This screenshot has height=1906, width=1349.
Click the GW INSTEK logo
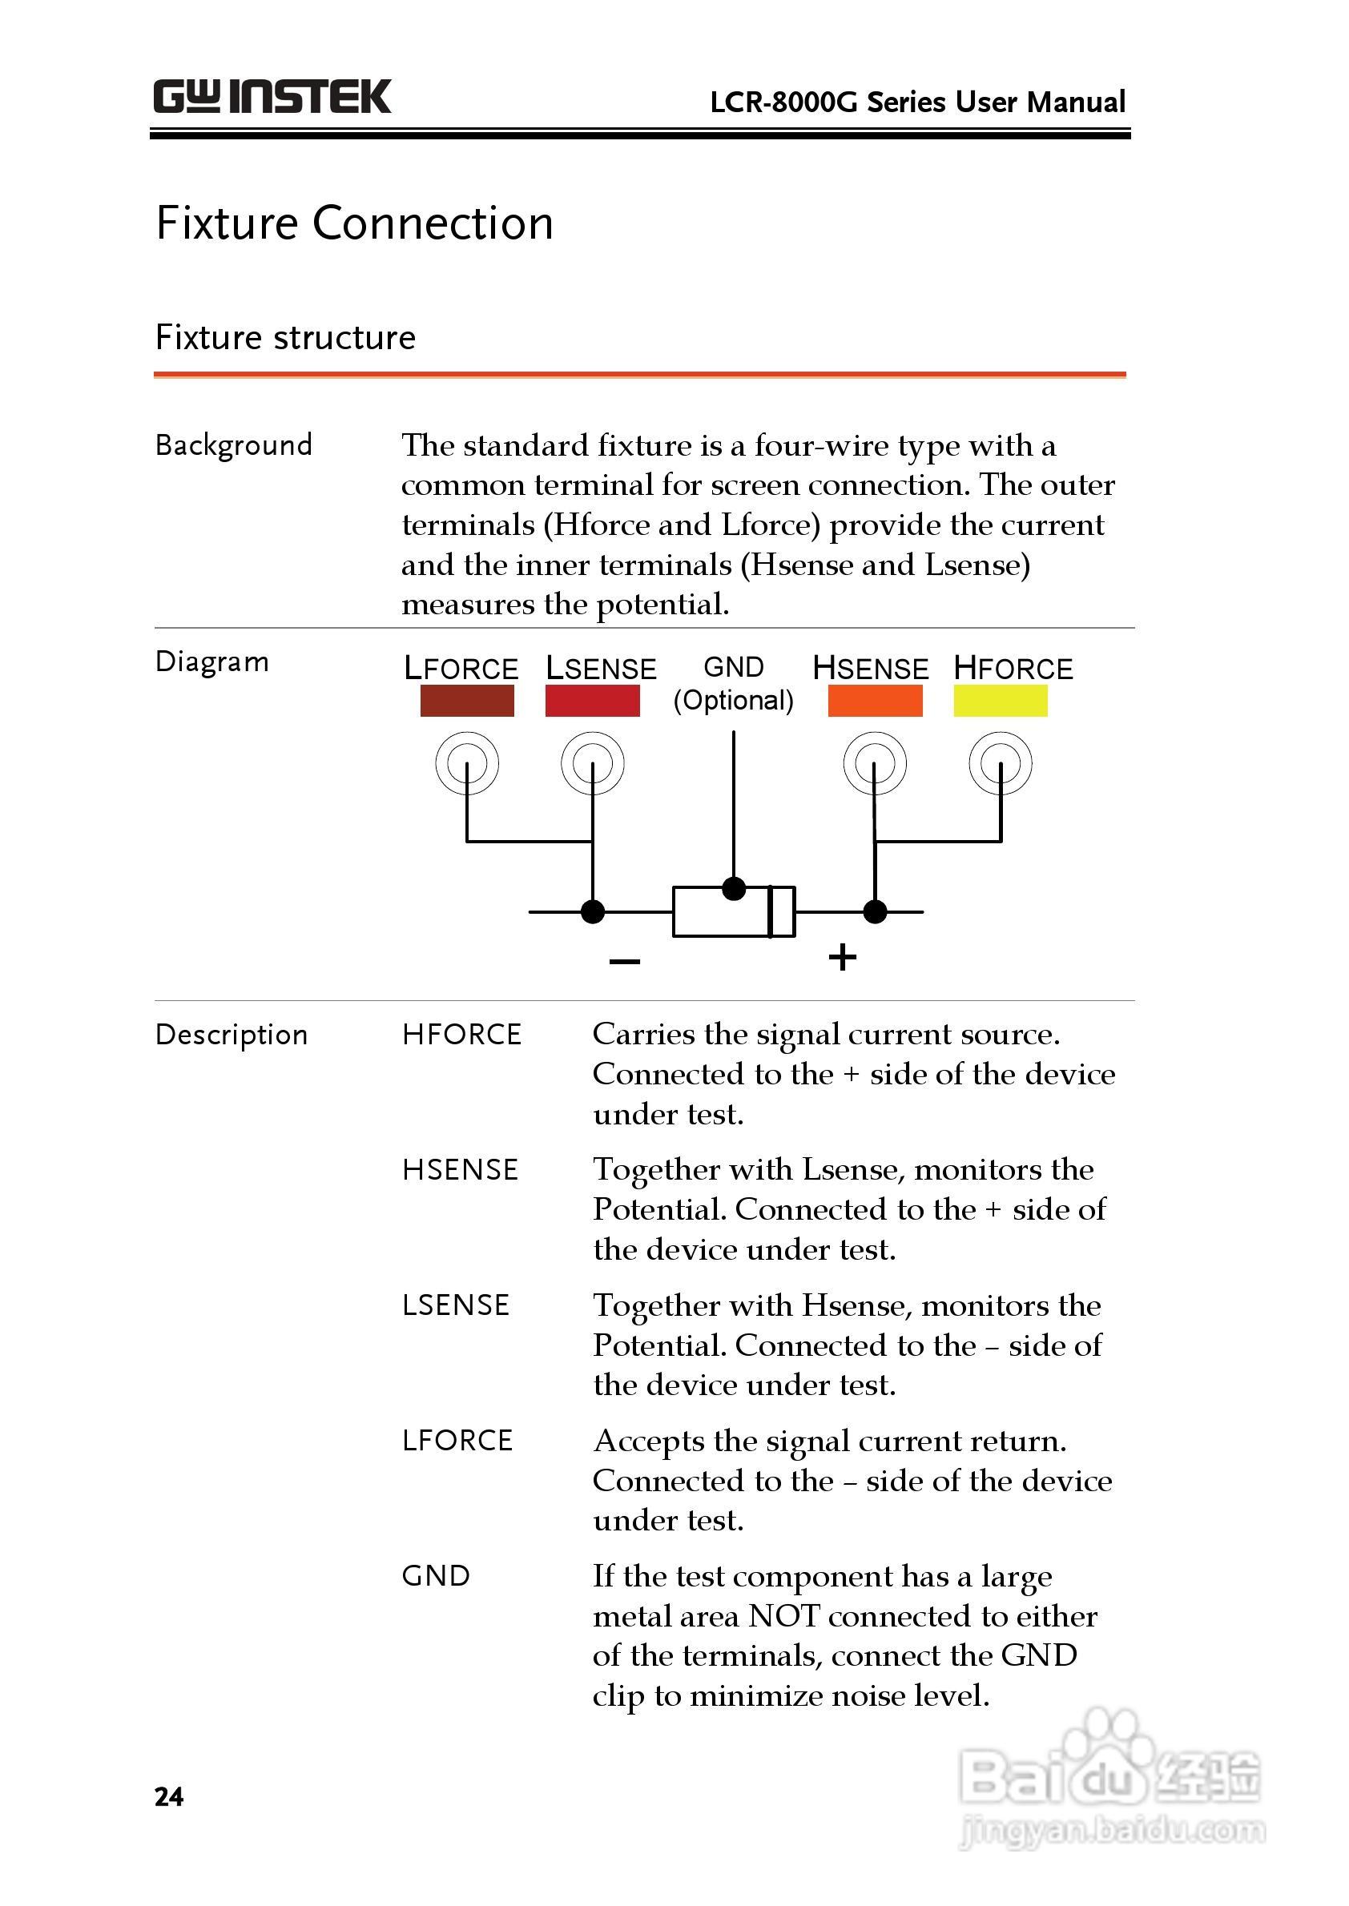pyautogui.click(x=272, y=97)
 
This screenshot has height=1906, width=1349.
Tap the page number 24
pyautogui.click(x=168, y=1795)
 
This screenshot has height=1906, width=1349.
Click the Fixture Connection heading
pyautogui.click(x=355, y=223)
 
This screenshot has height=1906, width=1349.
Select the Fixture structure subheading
pyautogui.click(x=285, y=338)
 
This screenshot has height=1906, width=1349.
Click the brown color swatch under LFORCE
pyautogui.click(x=467, y=700)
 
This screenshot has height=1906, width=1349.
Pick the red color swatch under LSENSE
pyautogui.click(x=592, y=700)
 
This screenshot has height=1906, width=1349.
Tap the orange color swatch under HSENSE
pyautogui.click(x=875, y=700)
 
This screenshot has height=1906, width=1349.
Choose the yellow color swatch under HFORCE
pyautogui.click(x=1000, y=700)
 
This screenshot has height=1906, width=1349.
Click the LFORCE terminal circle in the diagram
pyautogui.click(x=467, y=762)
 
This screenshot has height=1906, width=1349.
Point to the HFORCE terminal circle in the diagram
pyautogui.click(x=1000, y=762)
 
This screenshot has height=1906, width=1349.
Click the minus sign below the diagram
pyautogui.click(x=625, y=961)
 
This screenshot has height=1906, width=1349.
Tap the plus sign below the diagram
pyautogui.click(x=842, y=957)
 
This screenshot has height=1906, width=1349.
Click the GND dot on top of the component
pyautogui.click(x=734, y=889)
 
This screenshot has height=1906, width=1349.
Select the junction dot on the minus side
pyautogui.click(x=592, y=911)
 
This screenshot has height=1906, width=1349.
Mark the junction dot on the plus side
pyautogui.click(x=875, y=911)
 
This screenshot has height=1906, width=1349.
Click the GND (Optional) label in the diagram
pyautogui.click(x=734, y=683)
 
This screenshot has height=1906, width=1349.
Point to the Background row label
pyautogui.click(x=233, y=445)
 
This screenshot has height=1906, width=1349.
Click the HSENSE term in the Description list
pyautogui.click(x=460, y=1169)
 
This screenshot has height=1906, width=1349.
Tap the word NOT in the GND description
pyautogui.click(x=783, y=1615)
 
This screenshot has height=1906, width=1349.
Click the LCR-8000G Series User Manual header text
pyautogui.click(x=917, y=103)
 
